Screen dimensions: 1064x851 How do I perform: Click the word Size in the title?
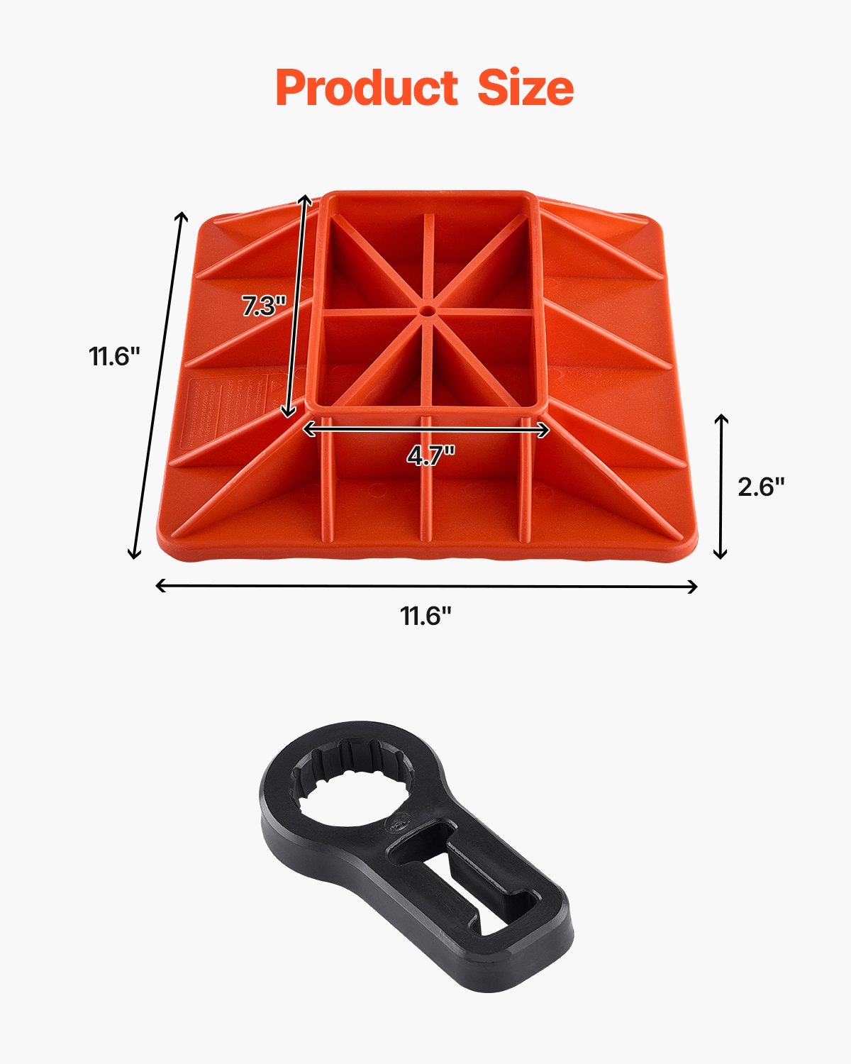[x=525, y=88]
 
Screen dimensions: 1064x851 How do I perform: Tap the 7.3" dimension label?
[x=263, y=306]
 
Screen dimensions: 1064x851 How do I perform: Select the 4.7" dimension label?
[x=430, y=455]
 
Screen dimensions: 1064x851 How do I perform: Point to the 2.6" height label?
[x=761, y=487]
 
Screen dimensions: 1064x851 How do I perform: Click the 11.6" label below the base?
[x=425, y=616]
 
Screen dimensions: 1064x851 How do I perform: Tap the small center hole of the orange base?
[x=426, y=311]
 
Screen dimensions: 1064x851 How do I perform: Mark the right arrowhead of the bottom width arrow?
[x=694, y=586]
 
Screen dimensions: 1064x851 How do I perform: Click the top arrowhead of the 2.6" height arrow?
[x=721, y=418]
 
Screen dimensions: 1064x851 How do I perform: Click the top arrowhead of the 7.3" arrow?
[x=306, y=199]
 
